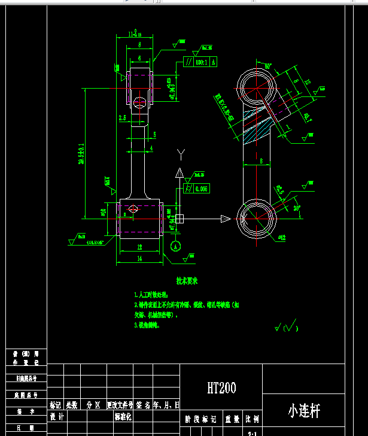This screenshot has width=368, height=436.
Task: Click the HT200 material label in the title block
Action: coord(221,388)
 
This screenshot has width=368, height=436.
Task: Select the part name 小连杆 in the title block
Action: coord(304,411)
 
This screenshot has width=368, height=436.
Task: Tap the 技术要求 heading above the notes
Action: coord(187,280)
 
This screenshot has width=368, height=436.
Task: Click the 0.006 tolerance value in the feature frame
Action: coord(201,189)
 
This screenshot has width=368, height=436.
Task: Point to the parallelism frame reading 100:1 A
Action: coord(199,62)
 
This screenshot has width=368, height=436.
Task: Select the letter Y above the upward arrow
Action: coord(180,155)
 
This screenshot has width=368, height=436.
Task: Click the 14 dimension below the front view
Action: coord(139,259)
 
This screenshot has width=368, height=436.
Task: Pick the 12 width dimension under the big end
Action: coord(139,246)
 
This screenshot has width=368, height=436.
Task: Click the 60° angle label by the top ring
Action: coord(267,66)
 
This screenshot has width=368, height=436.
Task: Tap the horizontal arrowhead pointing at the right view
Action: coord(226,219)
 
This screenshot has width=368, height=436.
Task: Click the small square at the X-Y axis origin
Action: coord(180,219)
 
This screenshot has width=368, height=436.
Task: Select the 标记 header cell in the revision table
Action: coord(56,405)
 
